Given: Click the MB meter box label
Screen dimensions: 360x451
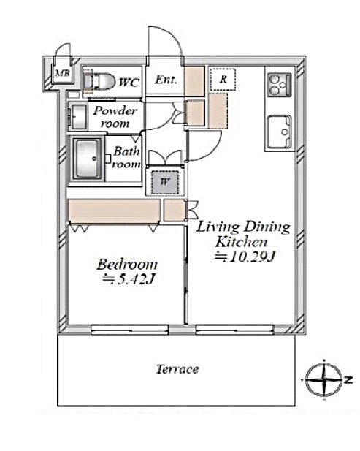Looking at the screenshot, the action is [x=62, y=73].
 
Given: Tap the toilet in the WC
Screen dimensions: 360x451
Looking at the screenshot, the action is [x=99, y=81].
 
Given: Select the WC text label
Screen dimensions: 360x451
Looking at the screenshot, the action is [x=129, y=83].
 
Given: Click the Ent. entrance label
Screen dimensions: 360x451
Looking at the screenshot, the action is [x=166, y=80].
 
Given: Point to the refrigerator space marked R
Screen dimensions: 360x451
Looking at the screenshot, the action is [x=223, y=79].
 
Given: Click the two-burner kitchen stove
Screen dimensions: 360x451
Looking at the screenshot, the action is [x=279, y=85].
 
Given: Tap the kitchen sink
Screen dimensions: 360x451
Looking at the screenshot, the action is [x=280, y=132].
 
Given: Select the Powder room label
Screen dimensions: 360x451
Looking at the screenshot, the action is [x=115, y=118].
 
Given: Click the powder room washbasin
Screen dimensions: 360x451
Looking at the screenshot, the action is [x=77, y=116].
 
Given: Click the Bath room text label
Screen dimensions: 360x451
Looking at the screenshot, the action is [x=126, y=157].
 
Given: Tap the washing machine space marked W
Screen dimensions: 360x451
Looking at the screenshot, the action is [x=165, y=182].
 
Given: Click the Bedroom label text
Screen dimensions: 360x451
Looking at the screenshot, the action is [x=127, y=265].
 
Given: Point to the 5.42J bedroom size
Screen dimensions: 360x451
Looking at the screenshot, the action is [x=129, y=278].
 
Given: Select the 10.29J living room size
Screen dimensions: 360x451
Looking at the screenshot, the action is [x=245, y=257].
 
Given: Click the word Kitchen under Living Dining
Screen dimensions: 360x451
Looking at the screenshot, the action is [x=241, y=242].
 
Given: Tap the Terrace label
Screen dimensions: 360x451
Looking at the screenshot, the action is [x=177, y=369].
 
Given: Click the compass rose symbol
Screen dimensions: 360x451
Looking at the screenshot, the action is [x=323, y=379].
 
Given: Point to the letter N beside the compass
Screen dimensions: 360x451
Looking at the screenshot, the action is [x=348, y=380].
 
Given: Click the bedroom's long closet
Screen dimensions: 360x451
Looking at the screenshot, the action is [x=114, y=211].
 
